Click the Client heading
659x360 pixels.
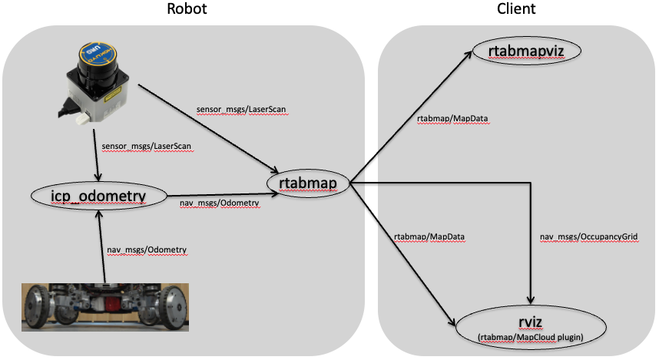pos(517,9)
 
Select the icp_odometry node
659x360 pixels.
pos(99,197)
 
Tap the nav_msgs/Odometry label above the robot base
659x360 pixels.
pos(147,250)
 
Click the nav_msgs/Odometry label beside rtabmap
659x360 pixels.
pos(219,203)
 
